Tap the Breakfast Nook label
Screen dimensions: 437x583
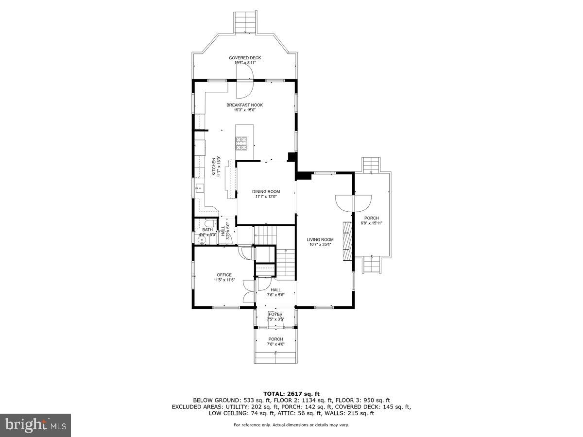tap(244, 105)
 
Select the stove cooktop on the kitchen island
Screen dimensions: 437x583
tap(241, 142)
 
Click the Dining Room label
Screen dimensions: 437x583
tap(266, 192)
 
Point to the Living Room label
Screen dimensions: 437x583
tap(320, 239)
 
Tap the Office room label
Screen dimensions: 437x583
tap(224, 275)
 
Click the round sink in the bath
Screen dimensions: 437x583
tap(202, 239)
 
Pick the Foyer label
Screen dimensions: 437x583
tap(275, 314)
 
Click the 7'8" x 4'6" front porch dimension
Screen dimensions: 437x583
tap(275, 344)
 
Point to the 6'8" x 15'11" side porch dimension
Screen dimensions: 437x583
tap(372, 223)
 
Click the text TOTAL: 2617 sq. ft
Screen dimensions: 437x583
tap(291, 394)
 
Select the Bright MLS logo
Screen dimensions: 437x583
tap(35, 425)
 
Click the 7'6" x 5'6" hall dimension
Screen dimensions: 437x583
tap(275, 295)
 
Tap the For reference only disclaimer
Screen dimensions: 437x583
tap(291, 425)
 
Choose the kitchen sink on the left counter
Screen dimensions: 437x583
tap(199, 186)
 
